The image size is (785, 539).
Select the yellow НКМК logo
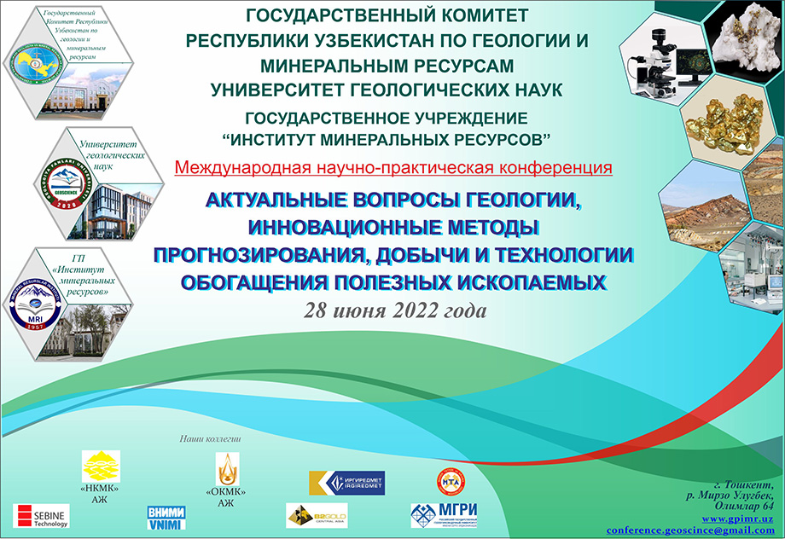(101, 467)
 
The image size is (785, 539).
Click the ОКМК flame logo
(226, 468)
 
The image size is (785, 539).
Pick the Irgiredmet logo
(346, 483)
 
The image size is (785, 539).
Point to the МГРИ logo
(444, 514)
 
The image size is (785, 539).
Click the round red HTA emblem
(450, 480)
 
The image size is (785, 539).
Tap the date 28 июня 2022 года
(395, 310)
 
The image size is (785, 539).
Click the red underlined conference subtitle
(393, 167)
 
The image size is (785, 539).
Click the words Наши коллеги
(210, 438)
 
